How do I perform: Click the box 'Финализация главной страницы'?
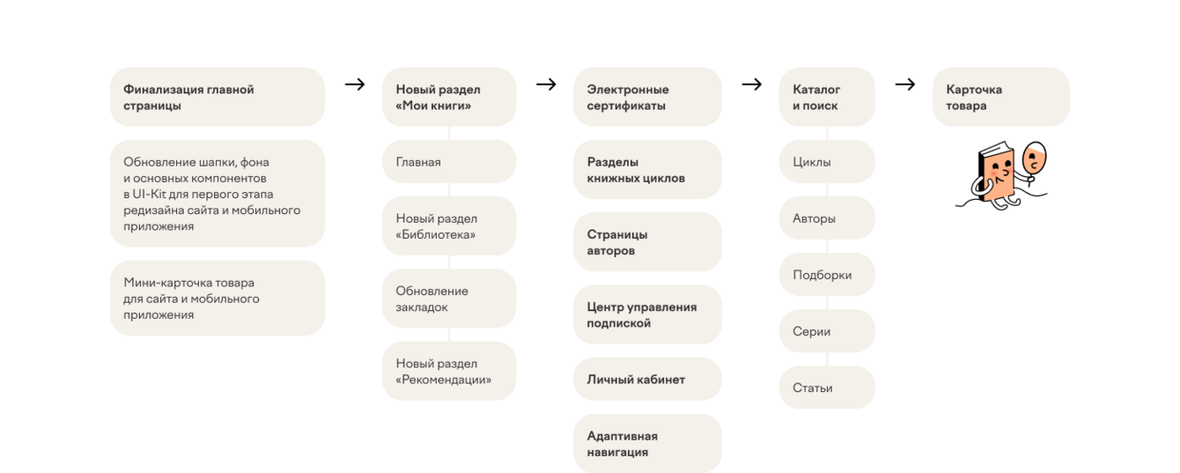217,97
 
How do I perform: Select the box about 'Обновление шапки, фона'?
217,194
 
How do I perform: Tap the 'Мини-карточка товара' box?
217,299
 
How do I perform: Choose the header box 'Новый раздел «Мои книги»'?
449,97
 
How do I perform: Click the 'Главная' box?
449,162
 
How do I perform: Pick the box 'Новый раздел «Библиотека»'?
449,226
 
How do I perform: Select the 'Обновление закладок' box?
449,299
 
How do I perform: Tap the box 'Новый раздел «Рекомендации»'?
449,372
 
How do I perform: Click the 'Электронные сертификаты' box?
647,97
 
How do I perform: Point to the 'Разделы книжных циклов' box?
647,170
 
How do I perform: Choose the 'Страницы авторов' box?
647,242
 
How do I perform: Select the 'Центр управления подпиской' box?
647,314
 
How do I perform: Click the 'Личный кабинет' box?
647,380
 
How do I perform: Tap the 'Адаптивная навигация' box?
647,443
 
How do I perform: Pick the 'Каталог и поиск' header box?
827,97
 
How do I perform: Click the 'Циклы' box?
827,162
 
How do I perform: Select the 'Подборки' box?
827,275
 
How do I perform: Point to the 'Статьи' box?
827,388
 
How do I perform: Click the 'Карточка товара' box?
1000,97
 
